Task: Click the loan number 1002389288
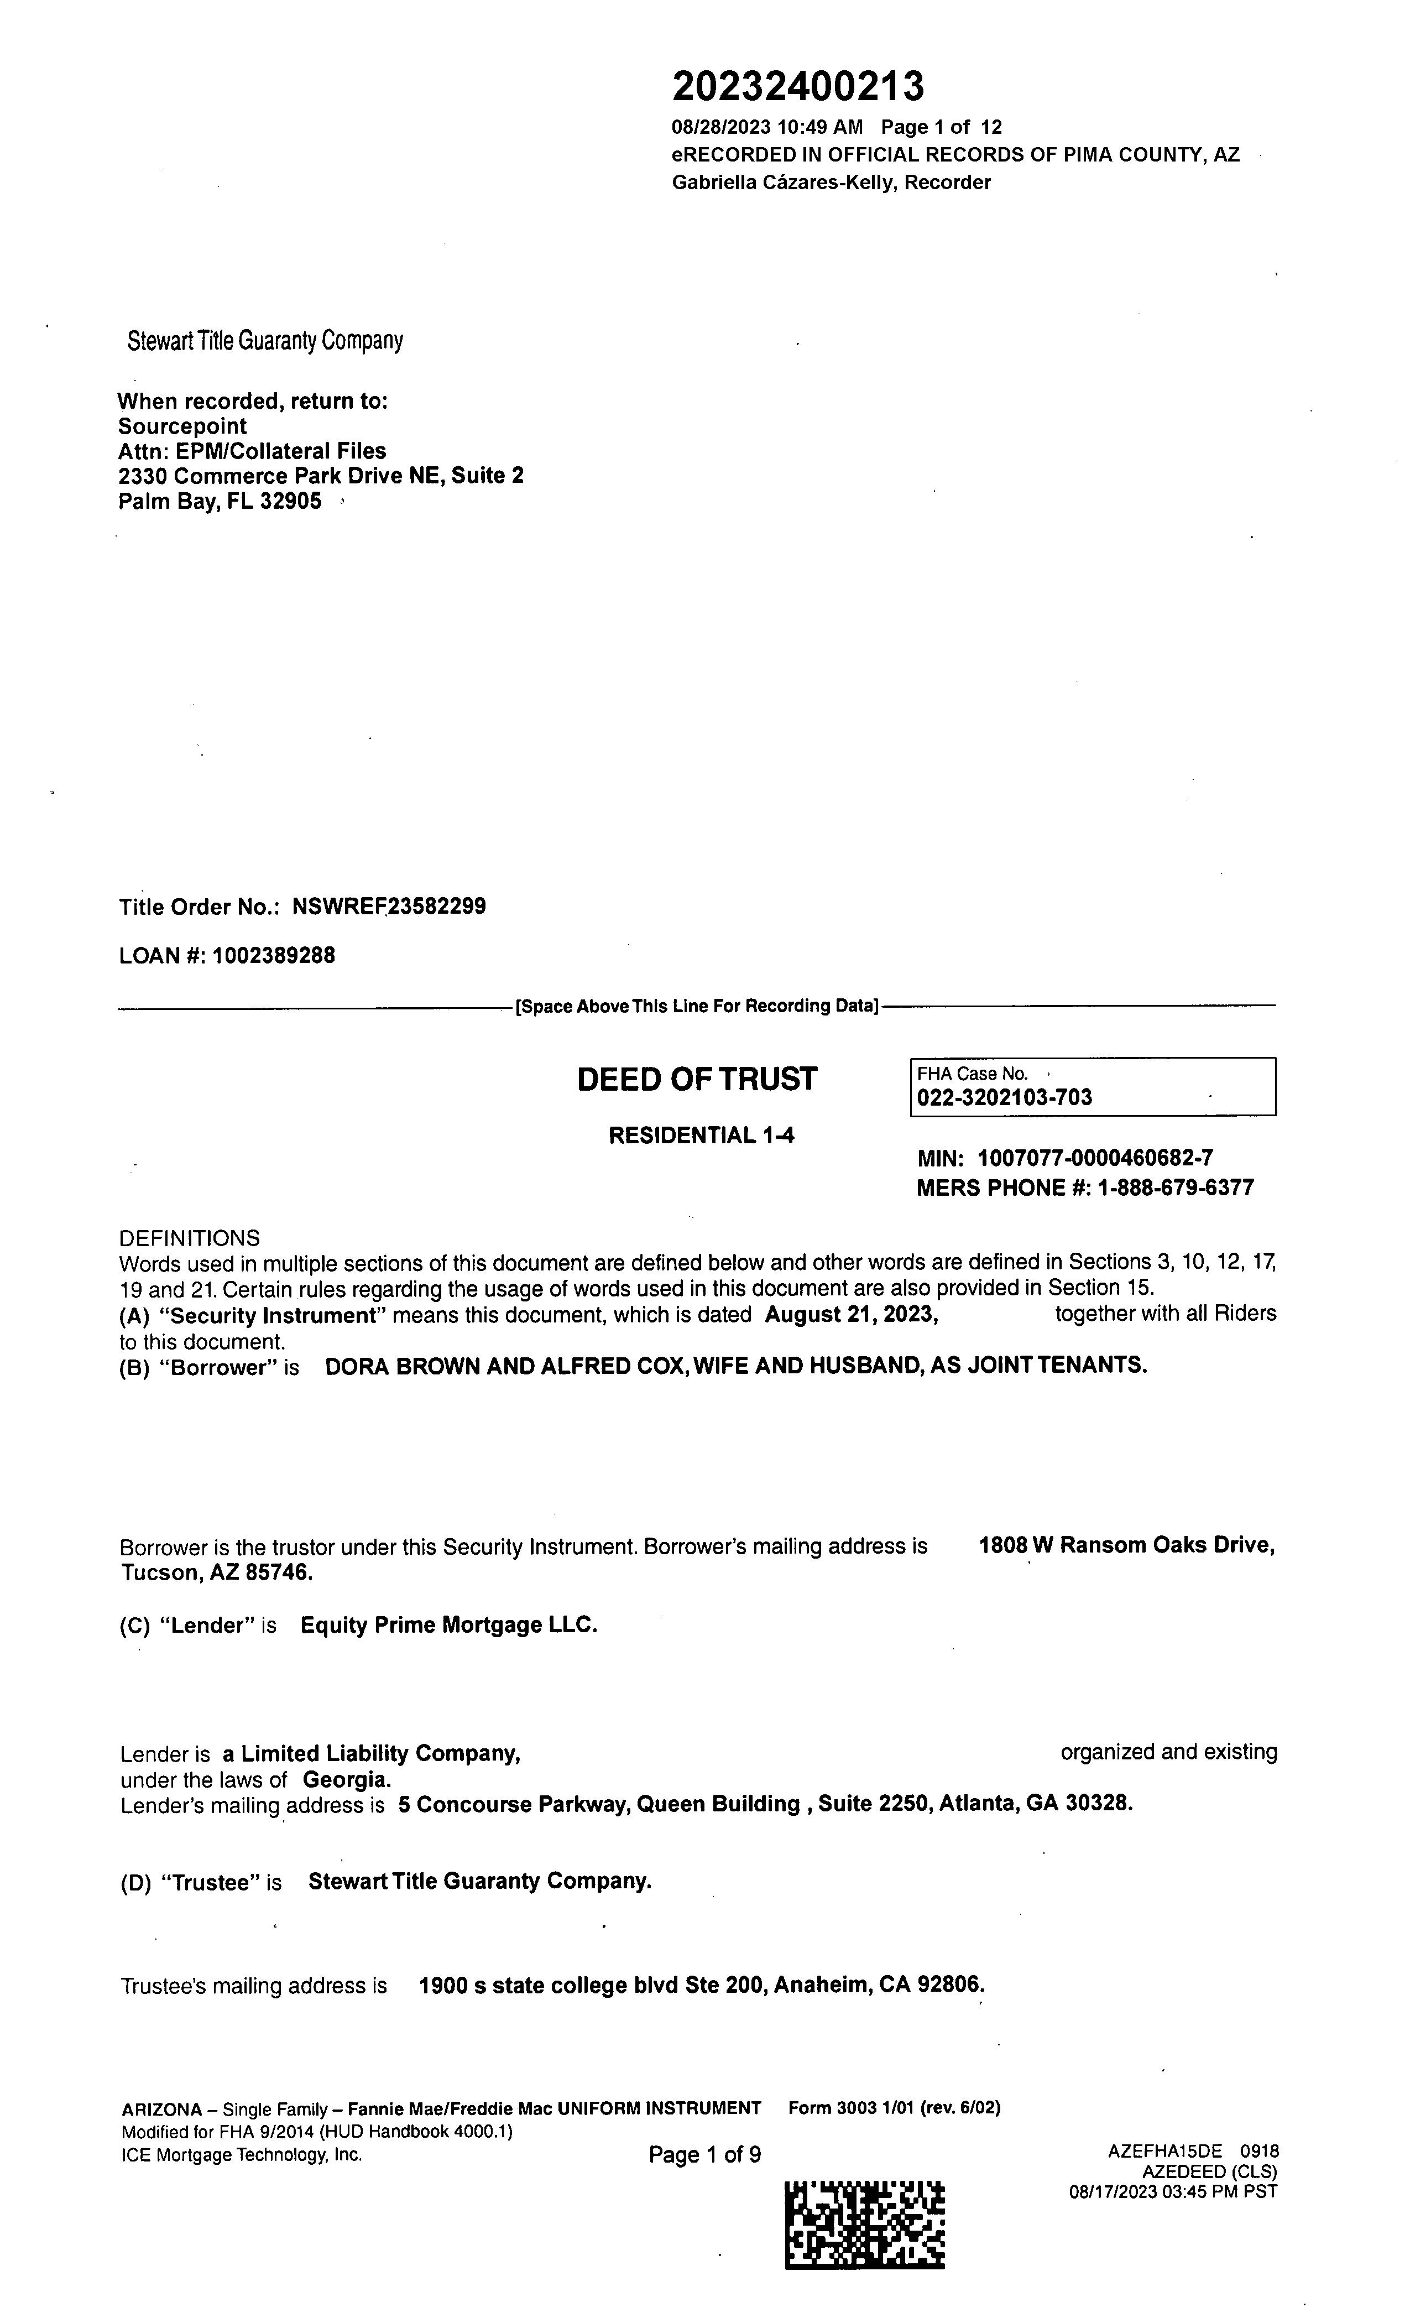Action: click(x=273, y=956)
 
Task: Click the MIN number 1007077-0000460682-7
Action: click(x=1095, y=1159)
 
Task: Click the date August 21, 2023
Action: click(x=851, y=1314)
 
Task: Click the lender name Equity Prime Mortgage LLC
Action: click(x=448, y=1626)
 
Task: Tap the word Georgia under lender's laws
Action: click(x=346, y=1780)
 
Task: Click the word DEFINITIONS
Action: click(x=190, y=1238)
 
